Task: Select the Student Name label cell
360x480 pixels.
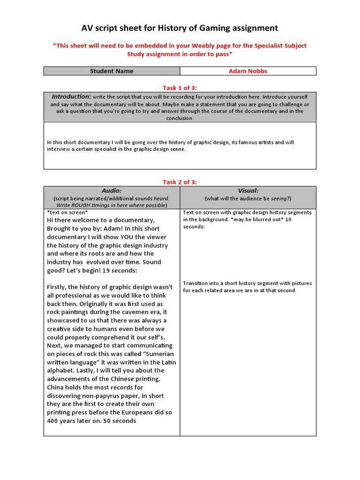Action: click(x=112, y=71)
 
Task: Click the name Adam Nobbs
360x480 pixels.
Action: click(x=248, y=71)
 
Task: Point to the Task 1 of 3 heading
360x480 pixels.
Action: click(x=180, y=88)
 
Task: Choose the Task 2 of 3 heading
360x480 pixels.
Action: click(x=180, y=182)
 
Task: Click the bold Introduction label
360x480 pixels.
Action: click(x=70, y=97)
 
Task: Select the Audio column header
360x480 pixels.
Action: click(x=112, y=191)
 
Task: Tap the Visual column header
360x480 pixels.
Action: click(x=248, y=191)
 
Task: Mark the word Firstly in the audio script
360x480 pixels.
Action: click(x=58, y=287)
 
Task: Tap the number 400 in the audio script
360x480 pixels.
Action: click(x=53, y=421)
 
